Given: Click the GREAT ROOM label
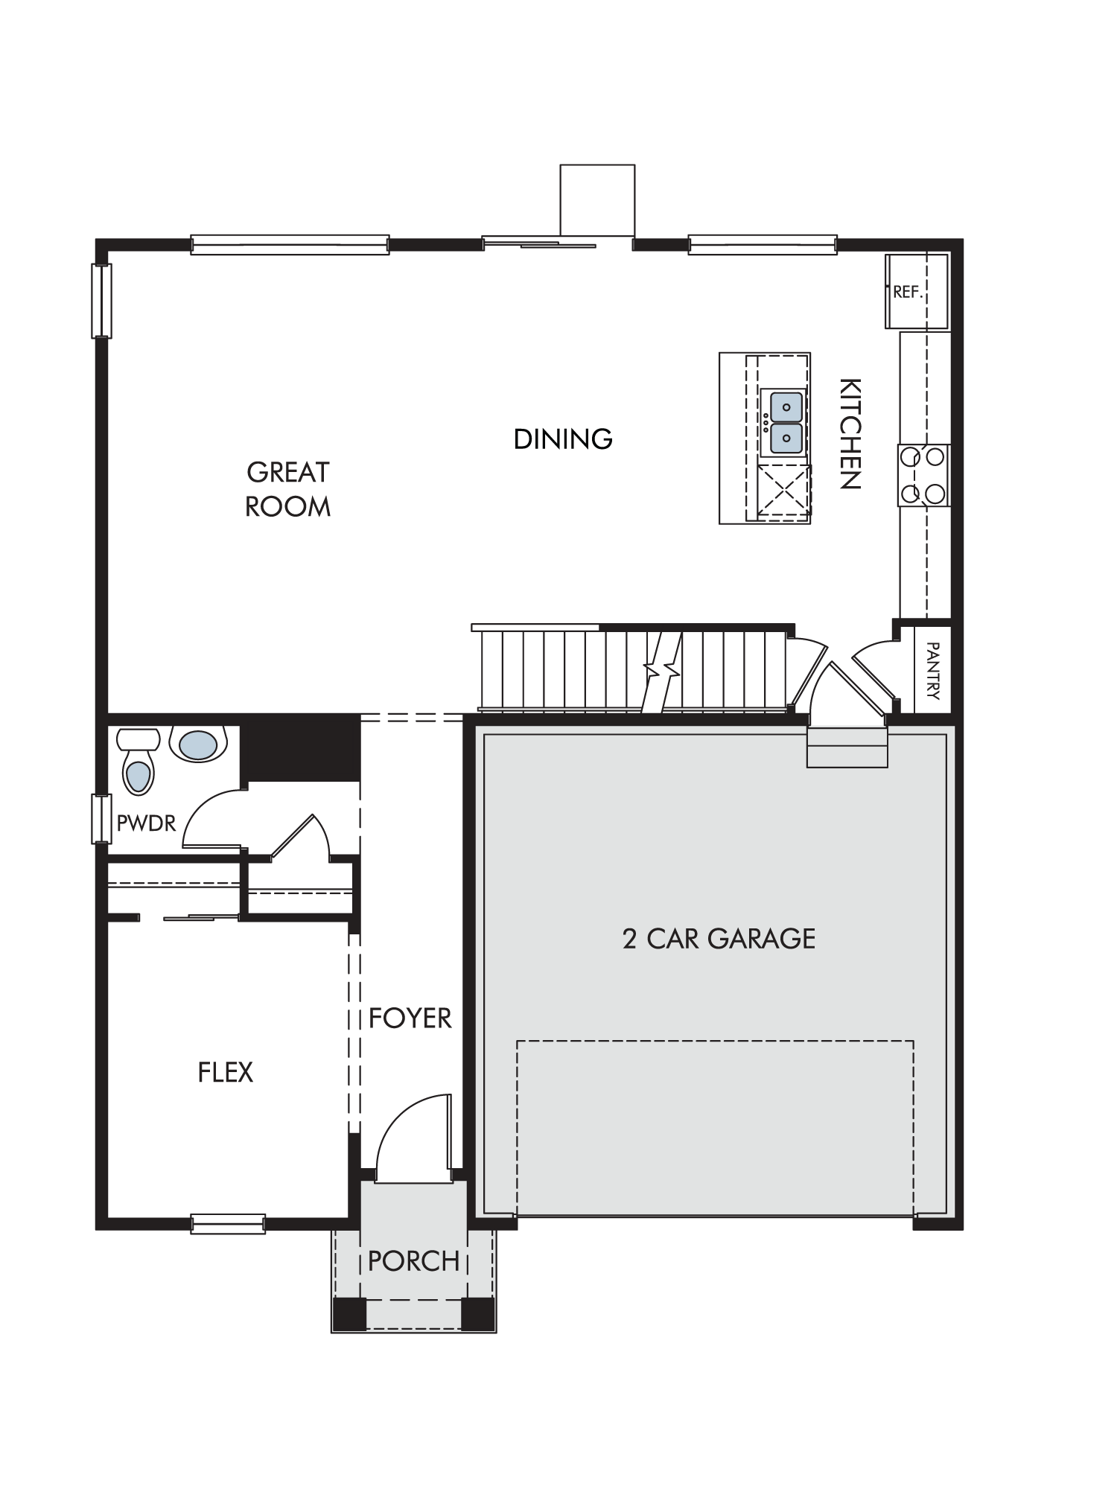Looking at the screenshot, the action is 287,489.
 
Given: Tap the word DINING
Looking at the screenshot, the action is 563,439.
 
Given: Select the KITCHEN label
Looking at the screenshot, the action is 850,433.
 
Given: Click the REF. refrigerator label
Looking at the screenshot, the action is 908,292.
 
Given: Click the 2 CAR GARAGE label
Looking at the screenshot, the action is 719,939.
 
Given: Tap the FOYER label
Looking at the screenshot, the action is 410,1018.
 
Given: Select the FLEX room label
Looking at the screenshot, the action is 226,1072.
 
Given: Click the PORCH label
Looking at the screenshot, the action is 414,1260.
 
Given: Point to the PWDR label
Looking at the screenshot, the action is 146,823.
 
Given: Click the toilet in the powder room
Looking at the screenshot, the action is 139,762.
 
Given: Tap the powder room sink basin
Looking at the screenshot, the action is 197,744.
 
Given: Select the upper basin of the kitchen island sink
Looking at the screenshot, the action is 786,407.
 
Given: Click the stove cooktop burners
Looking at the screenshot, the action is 924,475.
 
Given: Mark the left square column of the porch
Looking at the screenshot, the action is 349,1314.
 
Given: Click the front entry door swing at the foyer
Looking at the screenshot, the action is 414,1138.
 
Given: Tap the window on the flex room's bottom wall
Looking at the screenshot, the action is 228,1223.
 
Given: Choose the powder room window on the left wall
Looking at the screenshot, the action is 101,819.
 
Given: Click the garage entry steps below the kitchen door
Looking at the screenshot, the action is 847,747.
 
